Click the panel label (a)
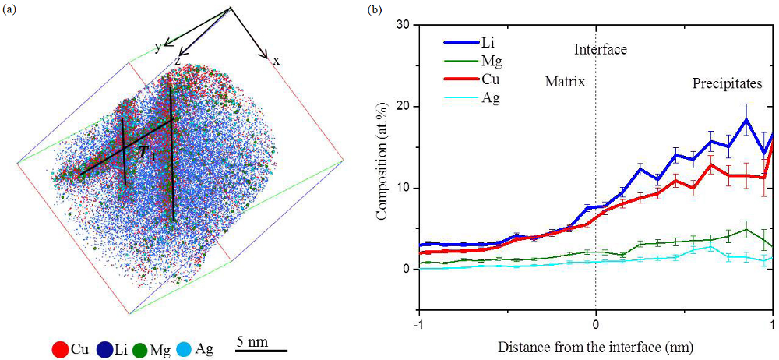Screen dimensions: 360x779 (x=10, y=10)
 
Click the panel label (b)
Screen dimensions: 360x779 (x=375, y=10)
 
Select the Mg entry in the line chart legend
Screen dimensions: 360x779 (x=488, y=60)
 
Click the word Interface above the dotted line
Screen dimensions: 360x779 (x=600, y=50)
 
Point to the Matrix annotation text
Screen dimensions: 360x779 (x=565, y=81)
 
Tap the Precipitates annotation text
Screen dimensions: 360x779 (x=724, y=83)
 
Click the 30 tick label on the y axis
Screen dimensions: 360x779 (x=404, y=25)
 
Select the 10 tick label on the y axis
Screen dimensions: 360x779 (x=404, y=189)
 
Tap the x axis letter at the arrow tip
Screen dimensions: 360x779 (x=276, y=60)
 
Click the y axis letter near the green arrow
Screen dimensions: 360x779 (x=157, y=47)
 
